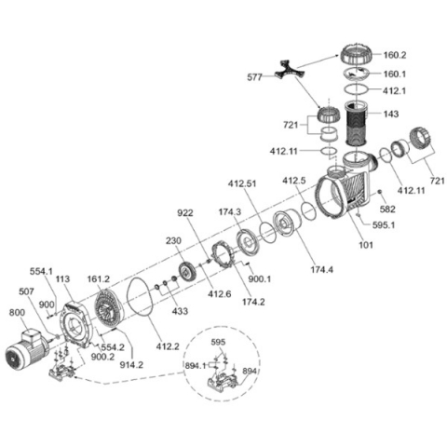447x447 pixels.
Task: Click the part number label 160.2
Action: tap(395, 55)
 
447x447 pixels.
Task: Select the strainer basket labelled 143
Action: tap(356, 124)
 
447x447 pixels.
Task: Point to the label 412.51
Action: tap(242, 183)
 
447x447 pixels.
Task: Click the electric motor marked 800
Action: tap(25, 351)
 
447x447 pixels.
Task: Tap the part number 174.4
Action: tap(322, 270)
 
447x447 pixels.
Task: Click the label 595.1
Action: tap(384, 224)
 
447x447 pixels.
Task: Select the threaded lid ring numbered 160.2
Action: tap(358, 55)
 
